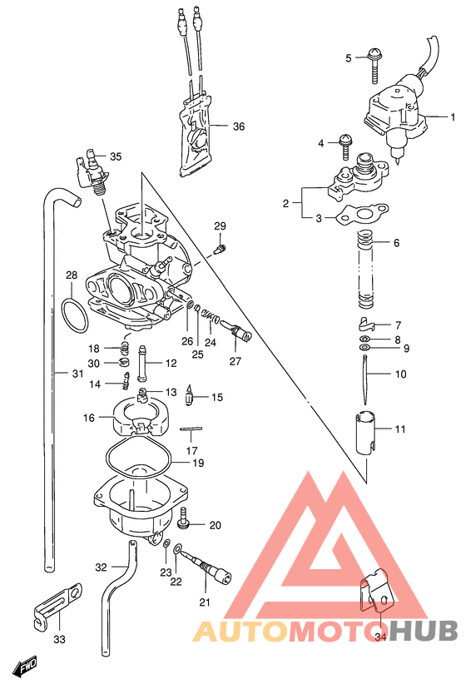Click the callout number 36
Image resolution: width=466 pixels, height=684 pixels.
pos(238,127)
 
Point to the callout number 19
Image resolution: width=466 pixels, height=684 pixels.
pos(198,463)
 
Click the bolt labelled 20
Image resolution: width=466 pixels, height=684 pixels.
pos(185,523)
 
